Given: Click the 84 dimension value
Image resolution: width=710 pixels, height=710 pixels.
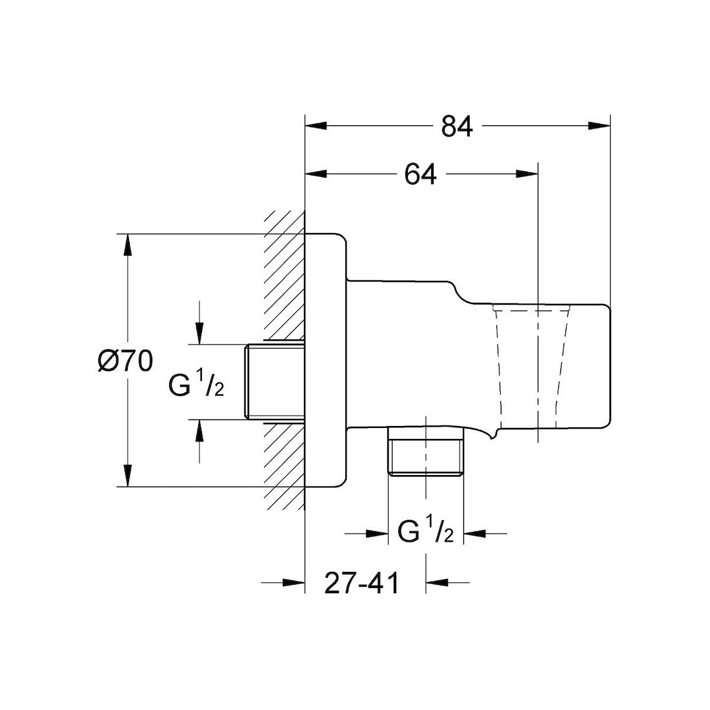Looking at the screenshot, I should [457, 127].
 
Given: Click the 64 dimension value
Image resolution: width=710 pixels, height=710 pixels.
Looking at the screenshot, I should [420, 174].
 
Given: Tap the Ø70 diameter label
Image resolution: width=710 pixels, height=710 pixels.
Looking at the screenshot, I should [125, 361].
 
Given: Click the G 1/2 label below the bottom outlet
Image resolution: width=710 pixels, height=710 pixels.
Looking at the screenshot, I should [425, 533].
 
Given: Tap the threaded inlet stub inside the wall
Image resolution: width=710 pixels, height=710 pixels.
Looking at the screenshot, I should [274, 381].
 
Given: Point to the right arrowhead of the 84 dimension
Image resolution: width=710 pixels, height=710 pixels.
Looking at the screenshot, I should [599, 127].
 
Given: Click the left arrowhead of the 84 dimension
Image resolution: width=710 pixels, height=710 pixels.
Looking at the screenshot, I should [316, 127].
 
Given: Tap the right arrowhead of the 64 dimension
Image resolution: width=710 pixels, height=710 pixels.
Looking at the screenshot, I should [527, 174].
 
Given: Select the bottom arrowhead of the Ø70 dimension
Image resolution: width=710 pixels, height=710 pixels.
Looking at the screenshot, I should [128, 476].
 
